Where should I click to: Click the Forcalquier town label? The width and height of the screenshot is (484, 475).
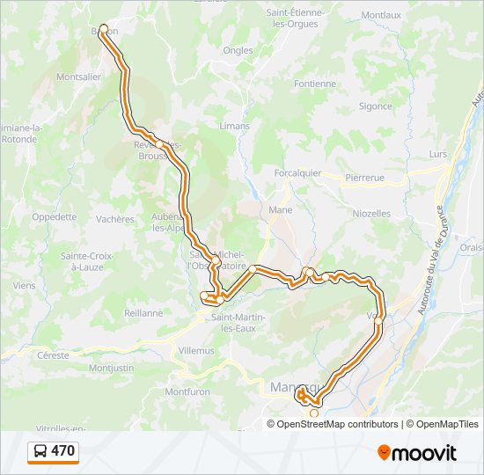coord(297,173)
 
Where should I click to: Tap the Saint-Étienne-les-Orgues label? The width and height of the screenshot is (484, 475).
coord(296,18)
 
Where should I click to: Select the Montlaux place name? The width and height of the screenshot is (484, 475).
coord(381,15)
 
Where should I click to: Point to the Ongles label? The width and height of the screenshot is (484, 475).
coord(238,51)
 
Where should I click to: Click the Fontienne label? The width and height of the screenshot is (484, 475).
coord(316,84)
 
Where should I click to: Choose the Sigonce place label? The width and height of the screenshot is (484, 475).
coord(375,106)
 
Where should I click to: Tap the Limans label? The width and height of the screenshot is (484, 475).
coord(234,126)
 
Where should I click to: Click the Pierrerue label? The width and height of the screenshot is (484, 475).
coord(364,178)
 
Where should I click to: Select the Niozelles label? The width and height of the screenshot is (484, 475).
coord(371,213)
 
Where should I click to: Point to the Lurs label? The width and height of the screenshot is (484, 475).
coord(437,154)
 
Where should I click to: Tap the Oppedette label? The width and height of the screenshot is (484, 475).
coord(54,216)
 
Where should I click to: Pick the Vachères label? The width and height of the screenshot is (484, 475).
coord(115,219)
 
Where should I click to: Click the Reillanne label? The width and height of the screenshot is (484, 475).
coord(143,312)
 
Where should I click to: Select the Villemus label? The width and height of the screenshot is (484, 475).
coord(196,350)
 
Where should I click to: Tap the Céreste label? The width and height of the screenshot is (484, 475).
coord(54,356)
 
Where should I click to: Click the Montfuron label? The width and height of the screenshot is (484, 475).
coord(190,391)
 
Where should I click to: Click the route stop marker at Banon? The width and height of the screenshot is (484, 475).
coord(104,29)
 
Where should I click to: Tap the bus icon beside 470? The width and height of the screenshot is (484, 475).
coord(40,452)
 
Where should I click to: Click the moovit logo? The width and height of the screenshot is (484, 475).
coord(417,453)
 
